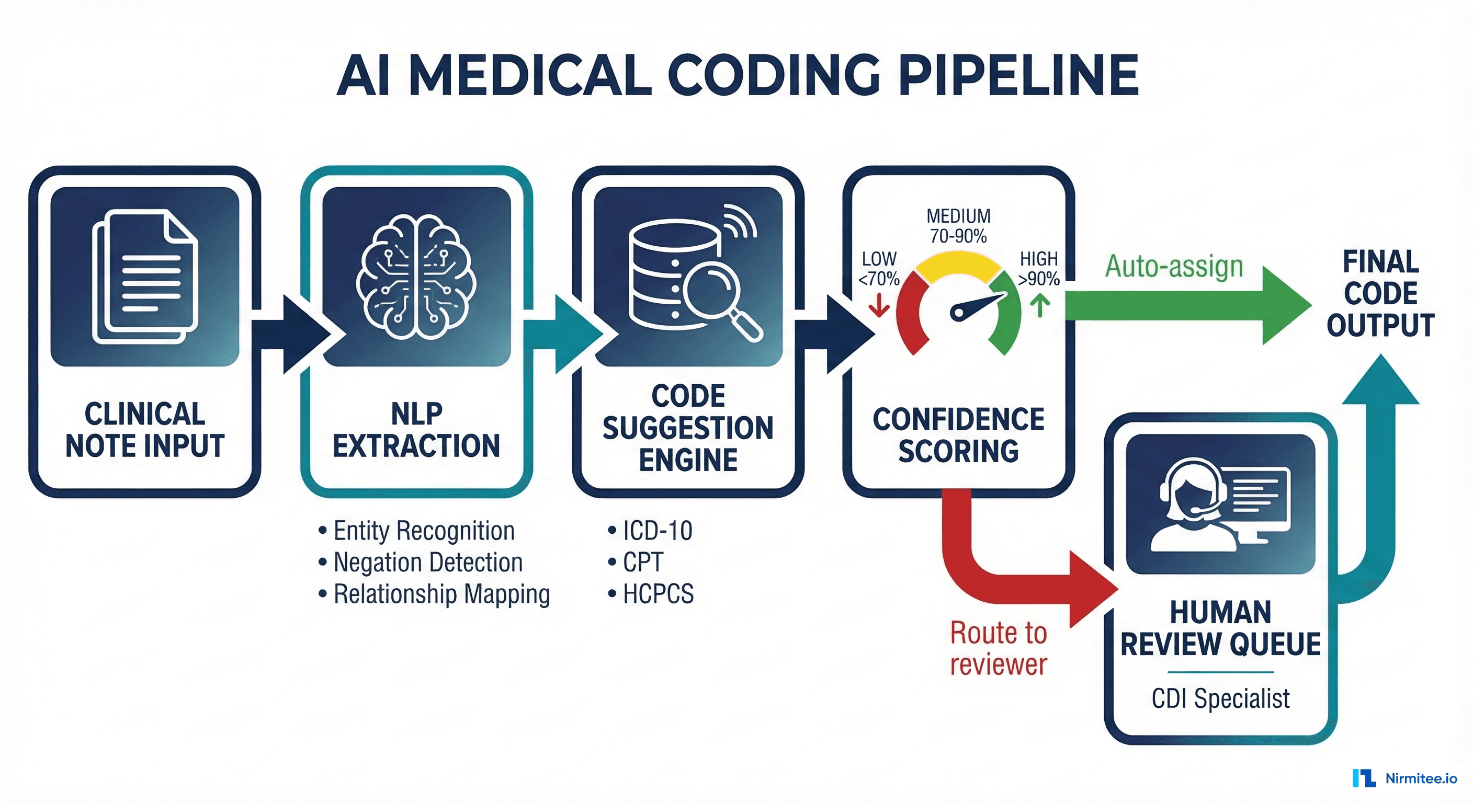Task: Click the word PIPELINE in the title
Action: click(x=1018, y=75)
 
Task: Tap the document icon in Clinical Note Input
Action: click(x=145, y=277)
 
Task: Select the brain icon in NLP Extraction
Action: click(x=416, y=277)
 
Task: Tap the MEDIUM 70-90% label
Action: click(x=958, y=226)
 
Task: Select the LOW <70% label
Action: click(x=879, y=269)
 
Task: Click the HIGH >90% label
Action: click(x=1038, y=269)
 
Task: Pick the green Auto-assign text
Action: click(x=1174, y=266)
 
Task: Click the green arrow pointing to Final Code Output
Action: click(x=1189, y=305)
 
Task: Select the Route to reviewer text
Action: click(x=999, y=648)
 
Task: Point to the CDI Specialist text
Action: click(x=1220, y=698)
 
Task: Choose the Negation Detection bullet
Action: click(x=428, y=563)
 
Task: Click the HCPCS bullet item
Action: click(x=658, y=594)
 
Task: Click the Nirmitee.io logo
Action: click(x=1405, y=778)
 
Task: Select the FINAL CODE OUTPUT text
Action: click(x=1380, y=293)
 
